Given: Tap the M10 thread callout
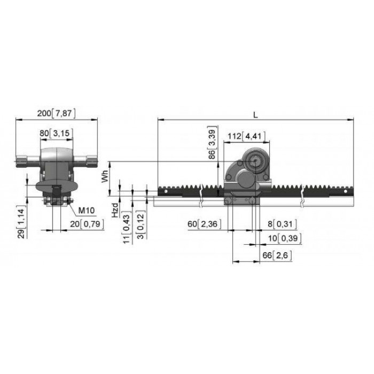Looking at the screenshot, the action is coord(87,211).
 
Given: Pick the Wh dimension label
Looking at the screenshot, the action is coord(105,176).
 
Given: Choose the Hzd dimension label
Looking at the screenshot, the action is coord(115,211).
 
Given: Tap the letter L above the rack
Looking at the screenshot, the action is coord(255,115).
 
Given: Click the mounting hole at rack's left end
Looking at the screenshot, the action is coord(166,191).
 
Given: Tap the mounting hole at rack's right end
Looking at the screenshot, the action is coord(345,191).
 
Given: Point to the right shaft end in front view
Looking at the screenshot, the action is coord(92,161).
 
